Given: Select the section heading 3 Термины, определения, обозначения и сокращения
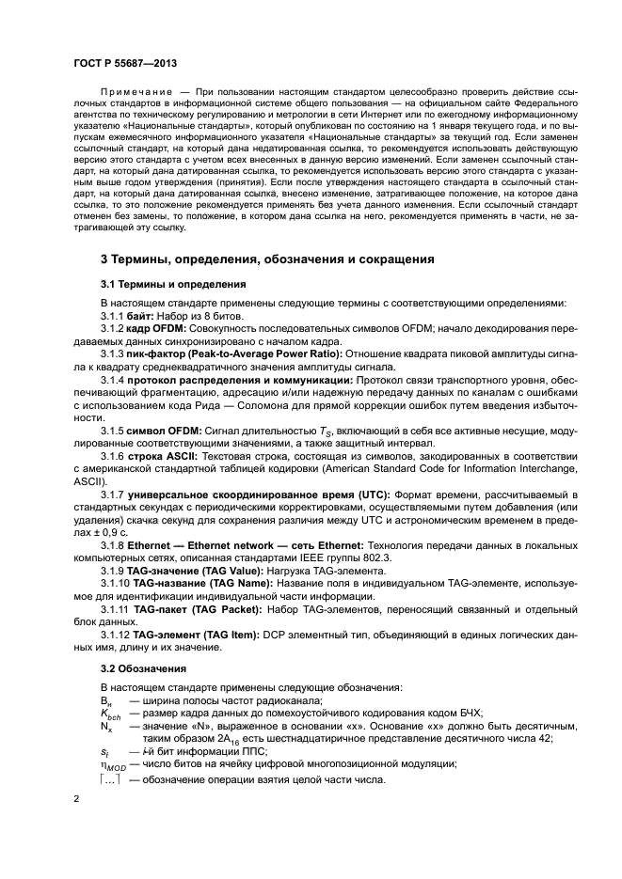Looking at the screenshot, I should [267, 259].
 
